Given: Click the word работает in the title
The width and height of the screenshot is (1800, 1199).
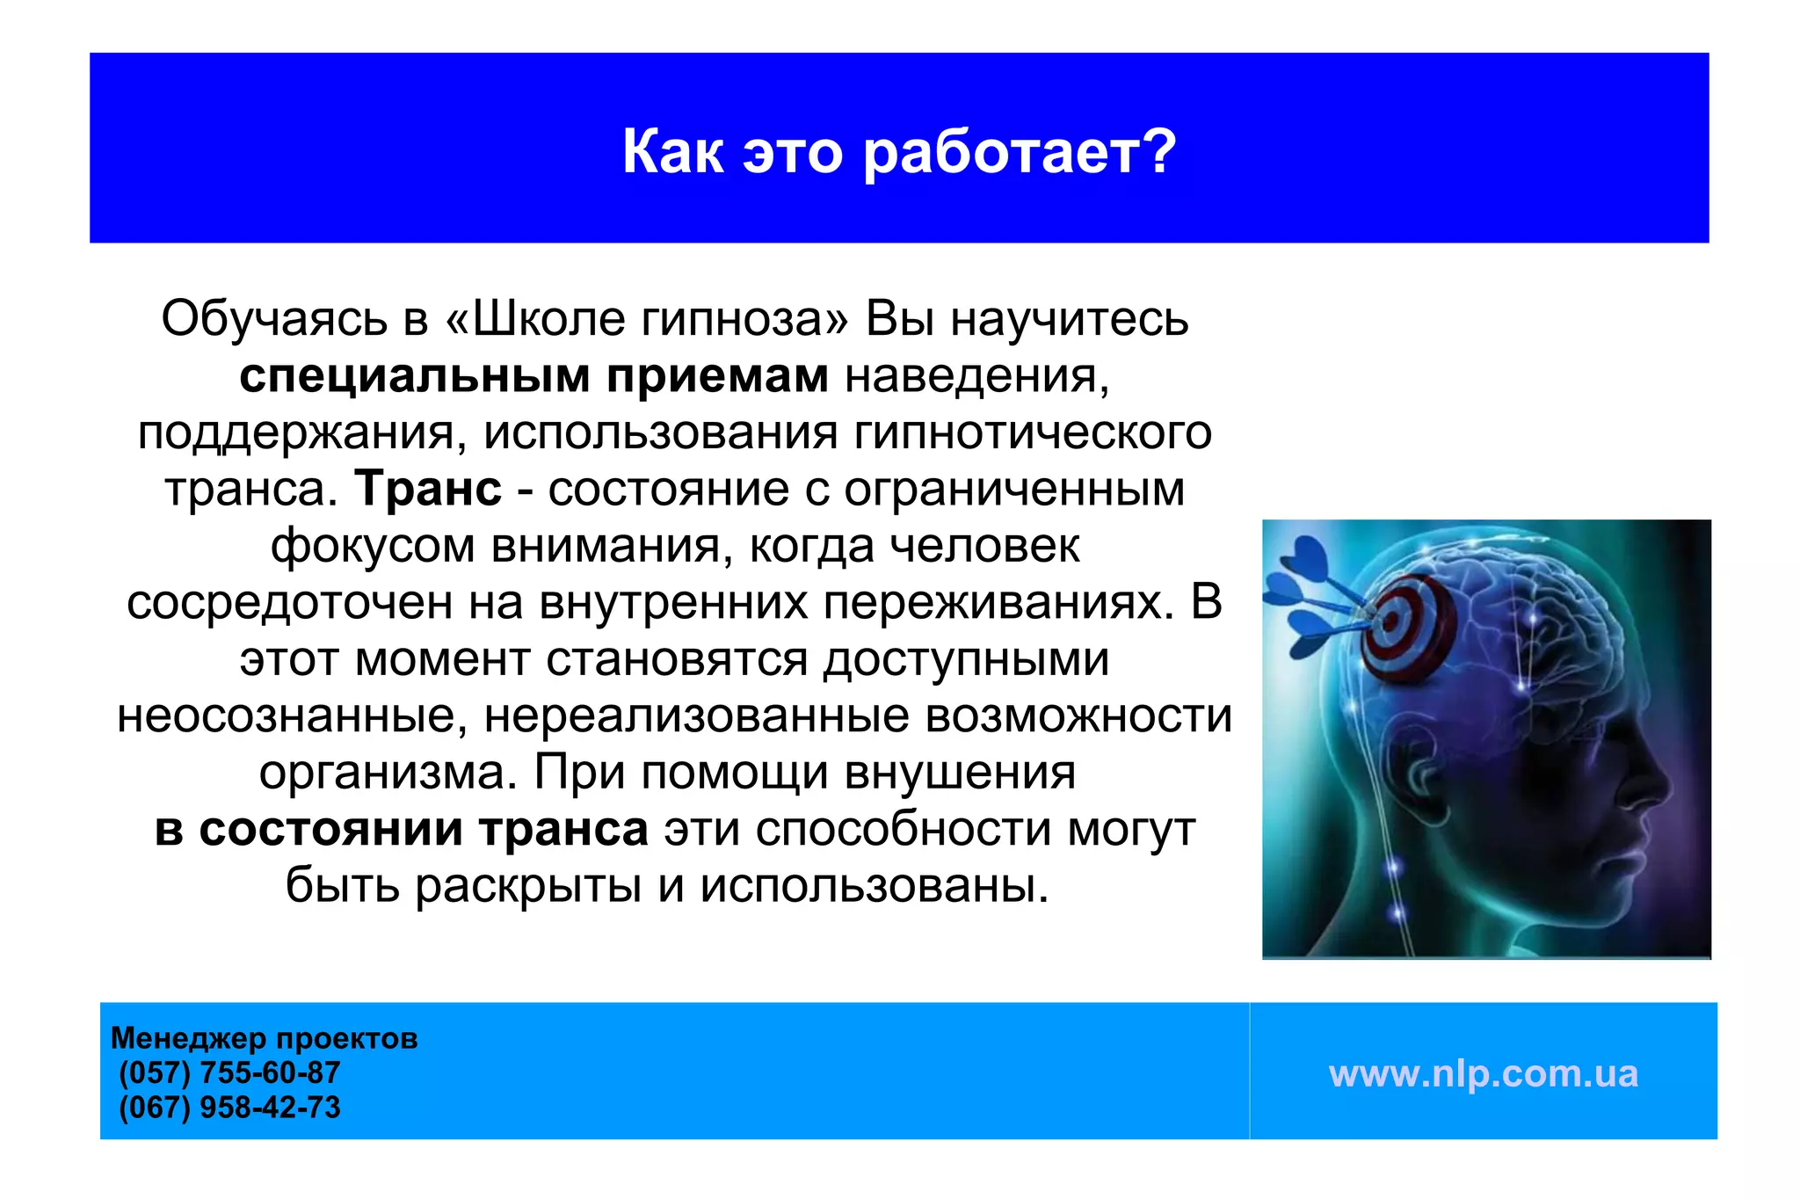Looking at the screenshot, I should (1020, 153).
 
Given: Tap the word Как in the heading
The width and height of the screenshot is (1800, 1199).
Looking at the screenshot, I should (672, 153).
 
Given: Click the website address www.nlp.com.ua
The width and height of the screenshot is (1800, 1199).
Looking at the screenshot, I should (1483, 1073).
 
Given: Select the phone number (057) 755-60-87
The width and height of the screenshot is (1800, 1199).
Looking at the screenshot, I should (229, 1072).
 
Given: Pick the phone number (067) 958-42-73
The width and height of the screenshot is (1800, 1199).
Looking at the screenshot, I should (229, 1107).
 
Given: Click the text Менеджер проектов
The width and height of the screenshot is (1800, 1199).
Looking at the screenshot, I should (264, 1038).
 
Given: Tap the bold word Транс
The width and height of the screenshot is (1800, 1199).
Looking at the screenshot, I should (429, 489).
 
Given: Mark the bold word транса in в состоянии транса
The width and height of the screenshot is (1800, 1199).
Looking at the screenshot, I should (562, 830).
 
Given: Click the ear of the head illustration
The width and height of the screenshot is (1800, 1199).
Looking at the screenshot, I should (1417, 774).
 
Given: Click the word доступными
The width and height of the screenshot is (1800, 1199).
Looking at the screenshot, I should (966, 660).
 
